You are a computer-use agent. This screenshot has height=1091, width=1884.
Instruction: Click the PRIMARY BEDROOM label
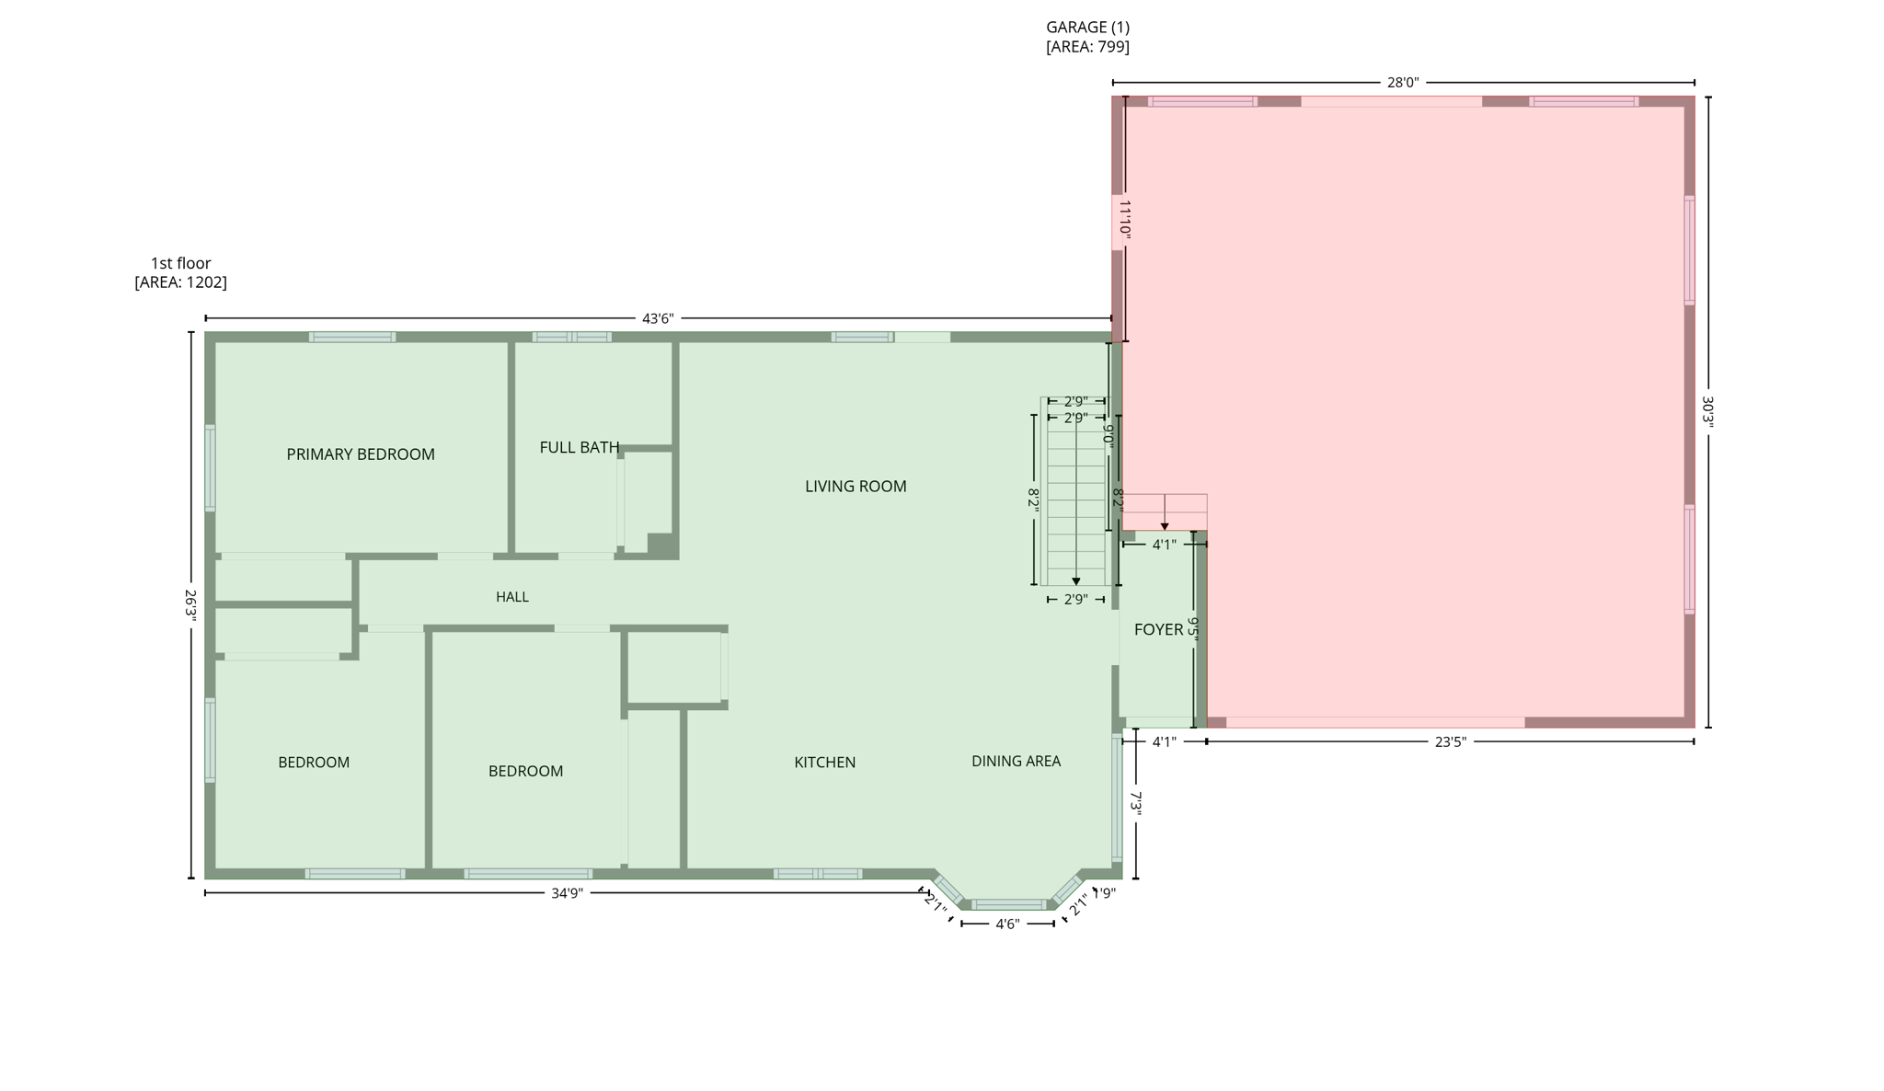(x=360, y=454)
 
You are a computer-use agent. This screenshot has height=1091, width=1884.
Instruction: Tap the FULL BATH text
(x=579, y=448)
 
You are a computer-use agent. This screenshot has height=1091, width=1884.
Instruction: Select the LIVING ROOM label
(x=856, y=487)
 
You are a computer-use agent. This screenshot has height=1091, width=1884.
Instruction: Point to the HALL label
(x=512, y=597)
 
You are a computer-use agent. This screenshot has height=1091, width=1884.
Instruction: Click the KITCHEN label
(x=824, y=763)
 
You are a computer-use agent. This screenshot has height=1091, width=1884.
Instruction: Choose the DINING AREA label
(x=1016, y=762)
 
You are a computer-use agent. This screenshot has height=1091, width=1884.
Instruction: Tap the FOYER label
(x=1158, y=630)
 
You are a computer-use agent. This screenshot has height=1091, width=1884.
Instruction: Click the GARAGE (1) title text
(x=1087, y=28)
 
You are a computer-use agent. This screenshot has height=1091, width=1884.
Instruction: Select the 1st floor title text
(x=181, y=264)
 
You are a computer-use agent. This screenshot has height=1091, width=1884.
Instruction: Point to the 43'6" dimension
(x=658, y=319)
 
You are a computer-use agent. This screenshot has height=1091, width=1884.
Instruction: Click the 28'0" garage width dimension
(x=1403, y=83)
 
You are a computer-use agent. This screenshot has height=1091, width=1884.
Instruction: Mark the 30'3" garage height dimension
(x=1707, y=411)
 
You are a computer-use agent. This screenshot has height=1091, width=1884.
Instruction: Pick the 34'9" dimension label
(x=567, y=893)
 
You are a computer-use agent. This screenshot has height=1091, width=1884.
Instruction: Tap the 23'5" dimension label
(x=1450, y=742)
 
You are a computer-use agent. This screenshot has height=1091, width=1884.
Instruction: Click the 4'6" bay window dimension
(x=1007, y=924)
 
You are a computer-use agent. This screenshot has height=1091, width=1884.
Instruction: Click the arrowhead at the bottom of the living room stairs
(x=1076, y=581)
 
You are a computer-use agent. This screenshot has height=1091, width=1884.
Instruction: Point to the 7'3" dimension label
(x=1137, y=803)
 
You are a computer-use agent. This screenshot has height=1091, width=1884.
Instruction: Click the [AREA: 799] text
(x=1087, y=47)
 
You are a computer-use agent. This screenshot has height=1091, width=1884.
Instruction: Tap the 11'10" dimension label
(x=1124, y=221)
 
